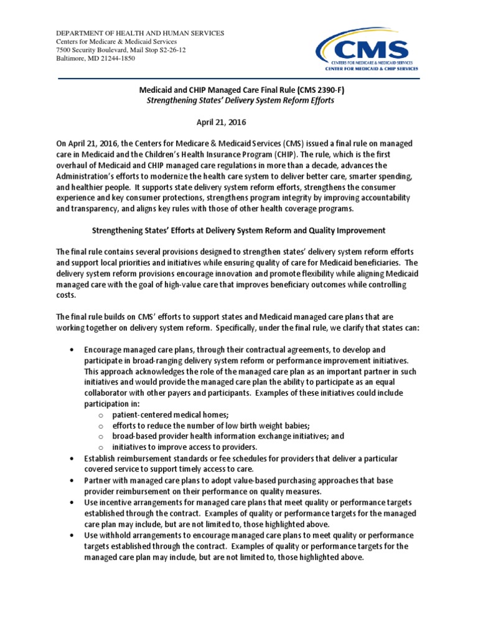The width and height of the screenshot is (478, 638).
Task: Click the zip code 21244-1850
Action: tap(116, 59)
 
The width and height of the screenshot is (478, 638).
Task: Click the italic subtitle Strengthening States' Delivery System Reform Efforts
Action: tap(239, 100)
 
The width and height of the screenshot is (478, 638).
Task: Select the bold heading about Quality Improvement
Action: tap(239, 231)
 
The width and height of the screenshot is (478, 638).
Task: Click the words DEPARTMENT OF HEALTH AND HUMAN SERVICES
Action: tap(140, 32)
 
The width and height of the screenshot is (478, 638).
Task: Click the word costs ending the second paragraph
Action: tap(67, 296)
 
